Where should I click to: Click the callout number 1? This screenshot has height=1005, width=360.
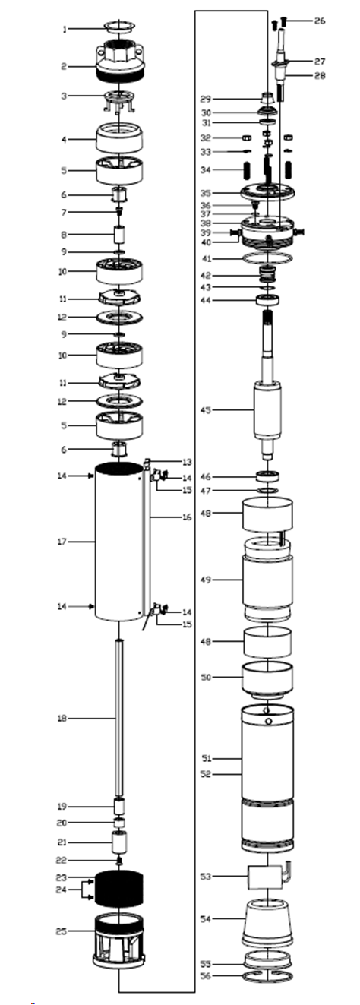[x=65, y=30]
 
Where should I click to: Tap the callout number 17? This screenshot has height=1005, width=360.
[x=62, y=542]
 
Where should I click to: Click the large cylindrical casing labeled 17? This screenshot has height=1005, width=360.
[x=118, y=542]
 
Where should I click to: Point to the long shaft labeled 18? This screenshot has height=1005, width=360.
[x=119, y=719]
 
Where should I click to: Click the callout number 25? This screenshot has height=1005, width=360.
[x=61, y=931]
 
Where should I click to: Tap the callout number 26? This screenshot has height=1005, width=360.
[x=320, y=21]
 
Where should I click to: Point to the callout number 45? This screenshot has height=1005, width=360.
[x=206, y=410]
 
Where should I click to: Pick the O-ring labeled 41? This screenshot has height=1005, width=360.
[x=267, y=258]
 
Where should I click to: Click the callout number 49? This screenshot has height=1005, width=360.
[x=206, y=580]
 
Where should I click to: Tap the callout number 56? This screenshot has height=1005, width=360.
[x=206, y=976]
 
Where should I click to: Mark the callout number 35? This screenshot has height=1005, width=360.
[x=206, y=194]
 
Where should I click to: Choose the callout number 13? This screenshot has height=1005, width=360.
[x=187, y=462]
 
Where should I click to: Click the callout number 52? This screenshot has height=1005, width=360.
[x=206, y=774]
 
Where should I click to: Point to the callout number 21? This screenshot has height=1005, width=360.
[x=62, y=842]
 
